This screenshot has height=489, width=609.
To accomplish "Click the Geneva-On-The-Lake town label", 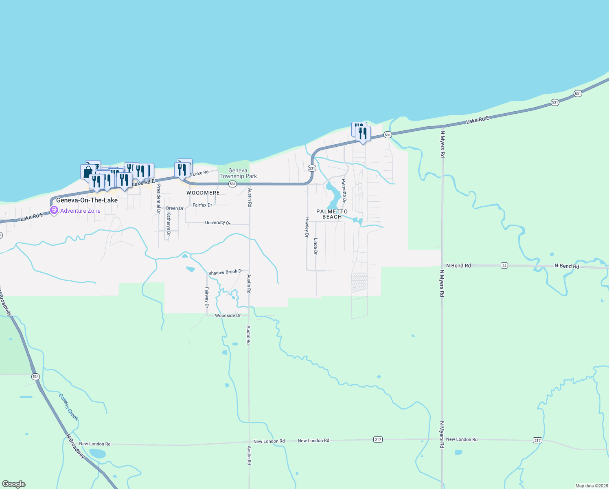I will [x=87, y=200].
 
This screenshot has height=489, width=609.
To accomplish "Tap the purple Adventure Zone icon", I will [x=54, y=210].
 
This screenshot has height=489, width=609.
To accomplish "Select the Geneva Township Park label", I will [x=238, y=174].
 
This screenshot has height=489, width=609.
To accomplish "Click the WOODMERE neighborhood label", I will [x=203, y=193].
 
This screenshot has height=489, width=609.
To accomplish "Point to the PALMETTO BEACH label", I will [x=332, y=214].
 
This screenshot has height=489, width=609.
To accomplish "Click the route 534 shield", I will [x=35, y=377].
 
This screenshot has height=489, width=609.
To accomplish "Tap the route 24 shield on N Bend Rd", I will [x=504, y=266].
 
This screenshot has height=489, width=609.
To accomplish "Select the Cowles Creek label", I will [x=68, y=407].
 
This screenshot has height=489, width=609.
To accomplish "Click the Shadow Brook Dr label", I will [x=226, y=272].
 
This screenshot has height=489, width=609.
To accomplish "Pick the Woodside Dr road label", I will [x=228, y=315].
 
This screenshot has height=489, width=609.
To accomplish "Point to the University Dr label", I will [x=218, y=222].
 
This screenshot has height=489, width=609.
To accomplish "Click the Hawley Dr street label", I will [x=307, y=227].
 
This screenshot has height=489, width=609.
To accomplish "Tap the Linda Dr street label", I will [x=315, y=247].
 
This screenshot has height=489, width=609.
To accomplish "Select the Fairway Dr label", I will [x=207, y=297].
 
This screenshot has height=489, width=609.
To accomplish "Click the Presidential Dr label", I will [x=158, y=199].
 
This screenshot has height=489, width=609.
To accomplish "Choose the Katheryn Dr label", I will [x=168, y=224].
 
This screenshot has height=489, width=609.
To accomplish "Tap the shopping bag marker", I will [x=88, y=172].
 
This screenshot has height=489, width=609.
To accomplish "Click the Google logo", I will [x=14, y=484].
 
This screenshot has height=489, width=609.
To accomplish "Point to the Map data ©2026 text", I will [x=591, y=486].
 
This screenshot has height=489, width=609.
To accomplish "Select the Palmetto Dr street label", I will [x=344, y=191].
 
